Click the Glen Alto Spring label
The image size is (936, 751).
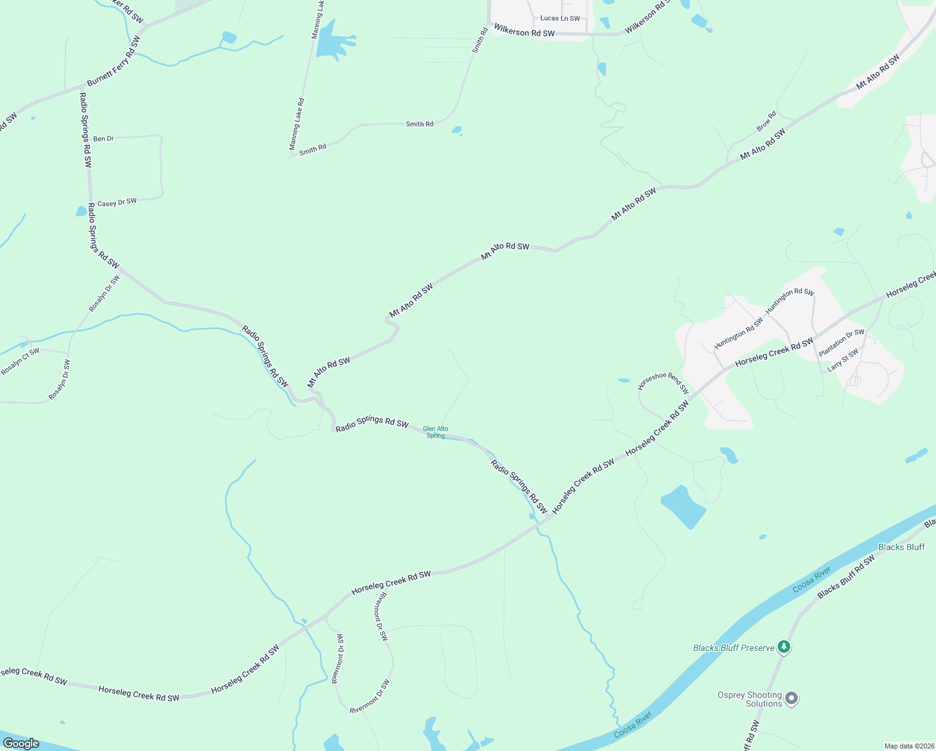tap(435, 432)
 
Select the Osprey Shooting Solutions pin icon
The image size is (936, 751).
tap(791, 698)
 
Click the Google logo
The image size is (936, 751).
tap(21, 743)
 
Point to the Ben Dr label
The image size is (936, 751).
tap(103, 138)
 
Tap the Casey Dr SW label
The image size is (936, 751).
tap(117, 203)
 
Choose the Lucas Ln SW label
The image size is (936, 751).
tap(560, 19)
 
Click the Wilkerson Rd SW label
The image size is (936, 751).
tap(524, 31)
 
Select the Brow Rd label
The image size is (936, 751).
tap(766, 121)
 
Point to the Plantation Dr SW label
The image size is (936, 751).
tap(842, 343)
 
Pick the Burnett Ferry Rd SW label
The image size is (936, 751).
tap(114, 61)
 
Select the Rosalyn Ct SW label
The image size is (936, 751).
tap(20, 362)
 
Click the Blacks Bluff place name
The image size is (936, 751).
tap(902, 547)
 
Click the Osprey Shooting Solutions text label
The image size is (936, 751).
tap(750, 699)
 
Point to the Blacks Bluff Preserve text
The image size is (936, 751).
tap(733, 648)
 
